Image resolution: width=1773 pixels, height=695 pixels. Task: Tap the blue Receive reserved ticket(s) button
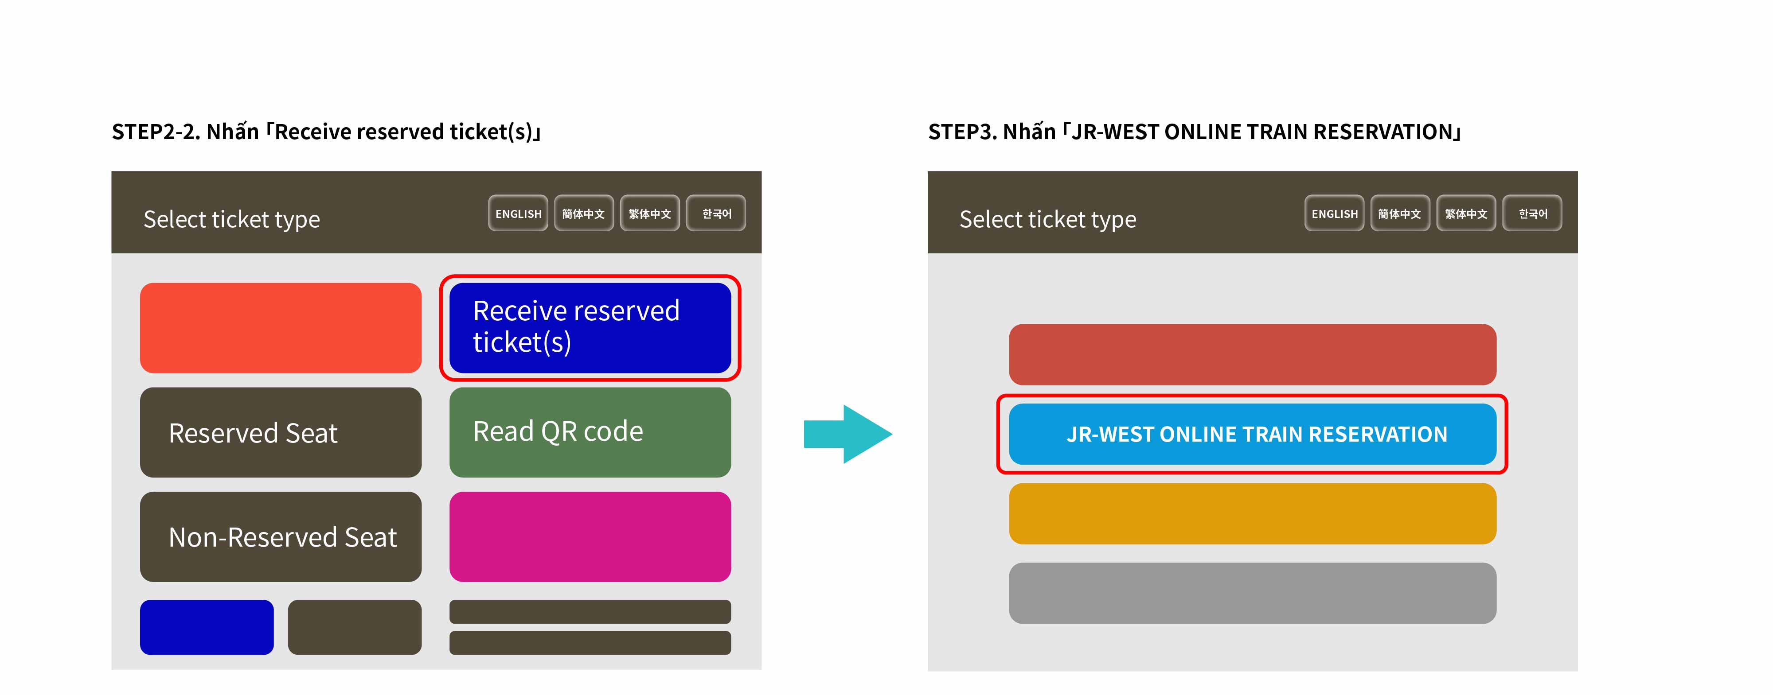point(590,327)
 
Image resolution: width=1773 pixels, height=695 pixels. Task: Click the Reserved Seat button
point(281,432)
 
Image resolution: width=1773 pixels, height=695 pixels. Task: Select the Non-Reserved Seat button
point(281,537)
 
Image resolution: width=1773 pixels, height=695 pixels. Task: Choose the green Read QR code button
point(590,432)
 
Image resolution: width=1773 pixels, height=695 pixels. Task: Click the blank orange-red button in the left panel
point(281,327)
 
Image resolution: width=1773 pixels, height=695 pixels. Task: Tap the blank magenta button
point(590,537)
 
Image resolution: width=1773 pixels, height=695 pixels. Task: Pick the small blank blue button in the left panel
point(207,627)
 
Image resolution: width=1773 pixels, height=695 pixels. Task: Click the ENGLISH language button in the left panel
point(518,214)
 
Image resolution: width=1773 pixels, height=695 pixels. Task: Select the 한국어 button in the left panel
point(716,214)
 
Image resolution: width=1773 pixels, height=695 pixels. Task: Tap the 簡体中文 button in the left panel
point(584,214)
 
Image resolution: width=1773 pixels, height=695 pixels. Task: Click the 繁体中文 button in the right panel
point(1466,214)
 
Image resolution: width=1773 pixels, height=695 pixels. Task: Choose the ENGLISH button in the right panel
point(1335,214)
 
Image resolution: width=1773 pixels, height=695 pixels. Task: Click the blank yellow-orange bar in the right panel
point(1253,513)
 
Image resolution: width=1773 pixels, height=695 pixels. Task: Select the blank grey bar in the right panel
point(1253,593)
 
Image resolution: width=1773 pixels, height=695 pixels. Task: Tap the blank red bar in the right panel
point(1253,354)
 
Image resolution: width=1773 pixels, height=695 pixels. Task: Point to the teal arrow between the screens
point(848,434)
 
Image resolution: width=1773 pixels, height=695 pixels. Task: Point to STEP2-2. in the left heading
point(156,132)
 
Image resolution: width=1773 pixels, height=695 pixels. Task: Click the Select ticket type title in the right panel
point(1047,219)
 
